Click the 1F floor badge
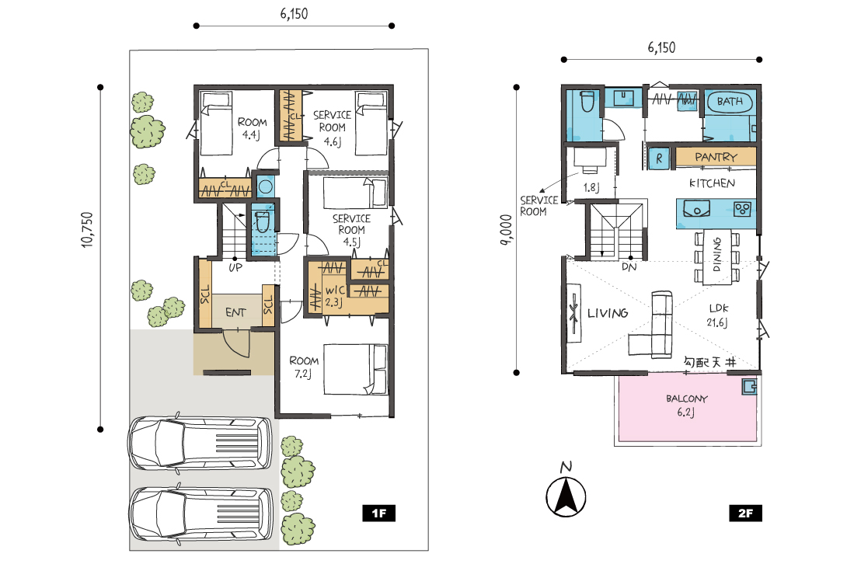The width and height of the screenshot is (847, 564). pos(378,513)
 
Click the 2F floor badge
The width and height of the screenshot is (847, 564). pos(745,513)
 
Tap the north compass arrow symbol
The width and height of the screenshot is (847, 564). pos(566,496)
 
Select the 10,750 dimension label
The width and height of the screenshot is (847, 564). pos(88,230)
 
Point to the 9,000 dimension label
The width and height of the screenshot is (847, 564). pos(506,230)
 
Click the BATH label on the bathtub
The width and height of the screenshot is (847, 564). pos(729,101)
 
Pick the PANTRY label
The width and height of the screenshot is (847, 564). pos(716,157)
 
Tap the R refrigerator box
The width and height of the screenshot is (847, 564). pos(659,158)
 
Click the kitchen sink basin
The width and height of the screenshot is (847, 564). pos(696,208)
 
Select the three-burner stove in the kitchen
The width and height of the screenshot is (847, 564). pos(742,208)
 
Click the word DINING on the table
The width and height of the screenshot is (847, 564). pos(716,254)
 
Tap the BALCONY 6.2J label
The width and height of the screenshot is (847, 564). pos(686,406)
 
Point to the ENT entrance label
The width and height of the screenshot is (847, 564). pos(235,312)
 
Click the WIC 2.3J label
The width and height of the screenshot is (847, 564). pos(335,296)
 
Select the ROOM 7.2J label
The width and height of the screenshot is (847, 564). pos(304,367)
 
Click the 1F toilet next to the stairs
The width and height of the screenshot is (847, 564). pos(262,221)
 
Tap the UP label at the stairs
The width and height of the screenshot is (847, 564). pos(235,267)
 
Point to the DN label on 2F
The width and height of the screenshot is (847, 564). pos(629,266)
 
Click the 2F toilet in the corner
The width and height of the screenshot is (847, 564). pos(587,101)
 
